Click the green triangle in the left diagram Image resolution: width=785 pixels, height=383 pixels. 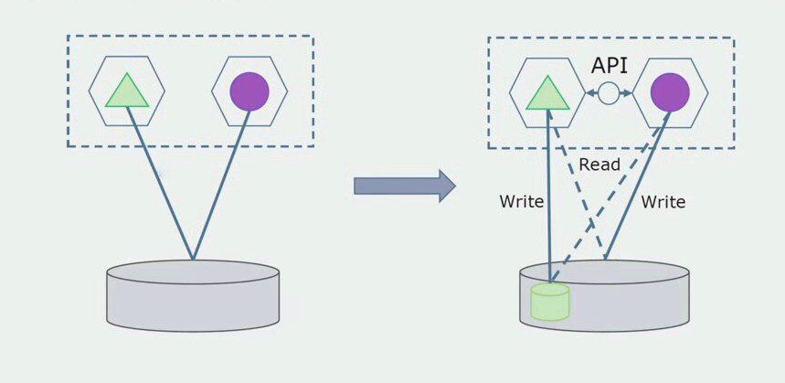coord(126,91)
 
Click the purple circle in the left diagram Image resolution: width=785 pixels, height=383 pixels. coord(249,91)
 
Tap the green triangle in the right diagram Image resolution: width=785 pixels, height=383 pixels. coord(546,93)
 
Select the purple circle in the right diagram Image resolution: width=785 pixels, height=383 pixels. coord(670,92)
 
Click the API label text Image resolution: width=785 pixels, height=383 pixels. coord(610,66)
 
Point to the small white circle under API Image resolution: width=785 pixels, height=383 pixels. coord(609,92)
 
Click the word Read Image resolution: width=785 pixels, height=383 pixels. coord(599,165)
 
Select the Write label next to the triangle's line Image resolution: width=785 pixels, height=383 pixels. coord(521,202)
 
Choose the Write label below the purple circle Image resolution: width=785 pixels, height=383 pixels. coord(663,202)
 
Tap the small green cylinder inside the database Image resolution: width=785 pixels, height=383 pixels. coord(549,302)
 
